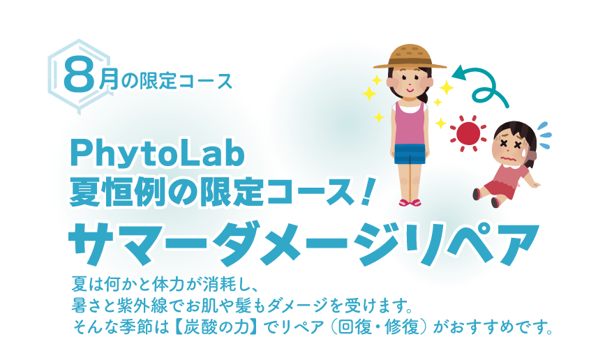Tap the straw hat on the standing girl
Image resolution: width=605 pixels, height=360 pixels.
click(x=410, y=57)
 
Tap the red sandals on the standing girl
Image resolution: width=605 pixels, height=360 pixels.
click(x=410, y=203)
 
